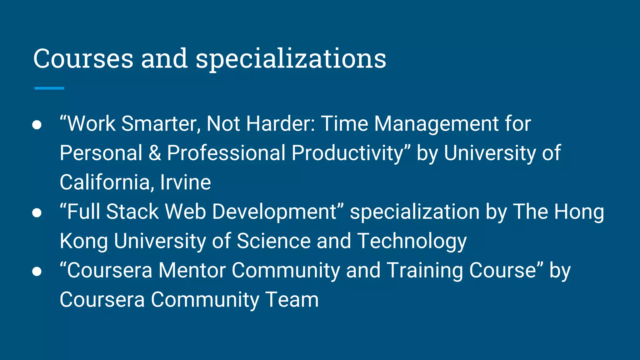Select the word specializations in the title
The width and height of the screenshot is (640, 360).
coord(291,59)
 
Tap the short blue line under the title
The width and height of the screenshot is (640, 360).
coord(49,88)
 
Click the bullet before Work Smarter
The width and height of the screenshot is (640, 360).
coord(37,125)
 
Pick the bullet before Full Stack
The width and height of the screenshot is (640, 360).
coord(37,213)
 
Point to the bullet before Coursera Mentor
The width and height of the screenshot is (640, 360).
coord(37,271)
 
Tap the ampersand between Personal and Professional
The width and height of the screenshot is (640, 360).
coord(155,153)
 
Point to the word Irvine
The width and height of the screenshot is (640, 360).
coord(185,182)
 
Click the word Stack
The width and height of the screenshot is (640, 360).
coord(132,212)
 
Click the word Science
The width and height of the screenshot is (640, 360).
coord(273,241)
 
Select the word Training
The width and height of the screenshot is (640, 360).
coord(425,271)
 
